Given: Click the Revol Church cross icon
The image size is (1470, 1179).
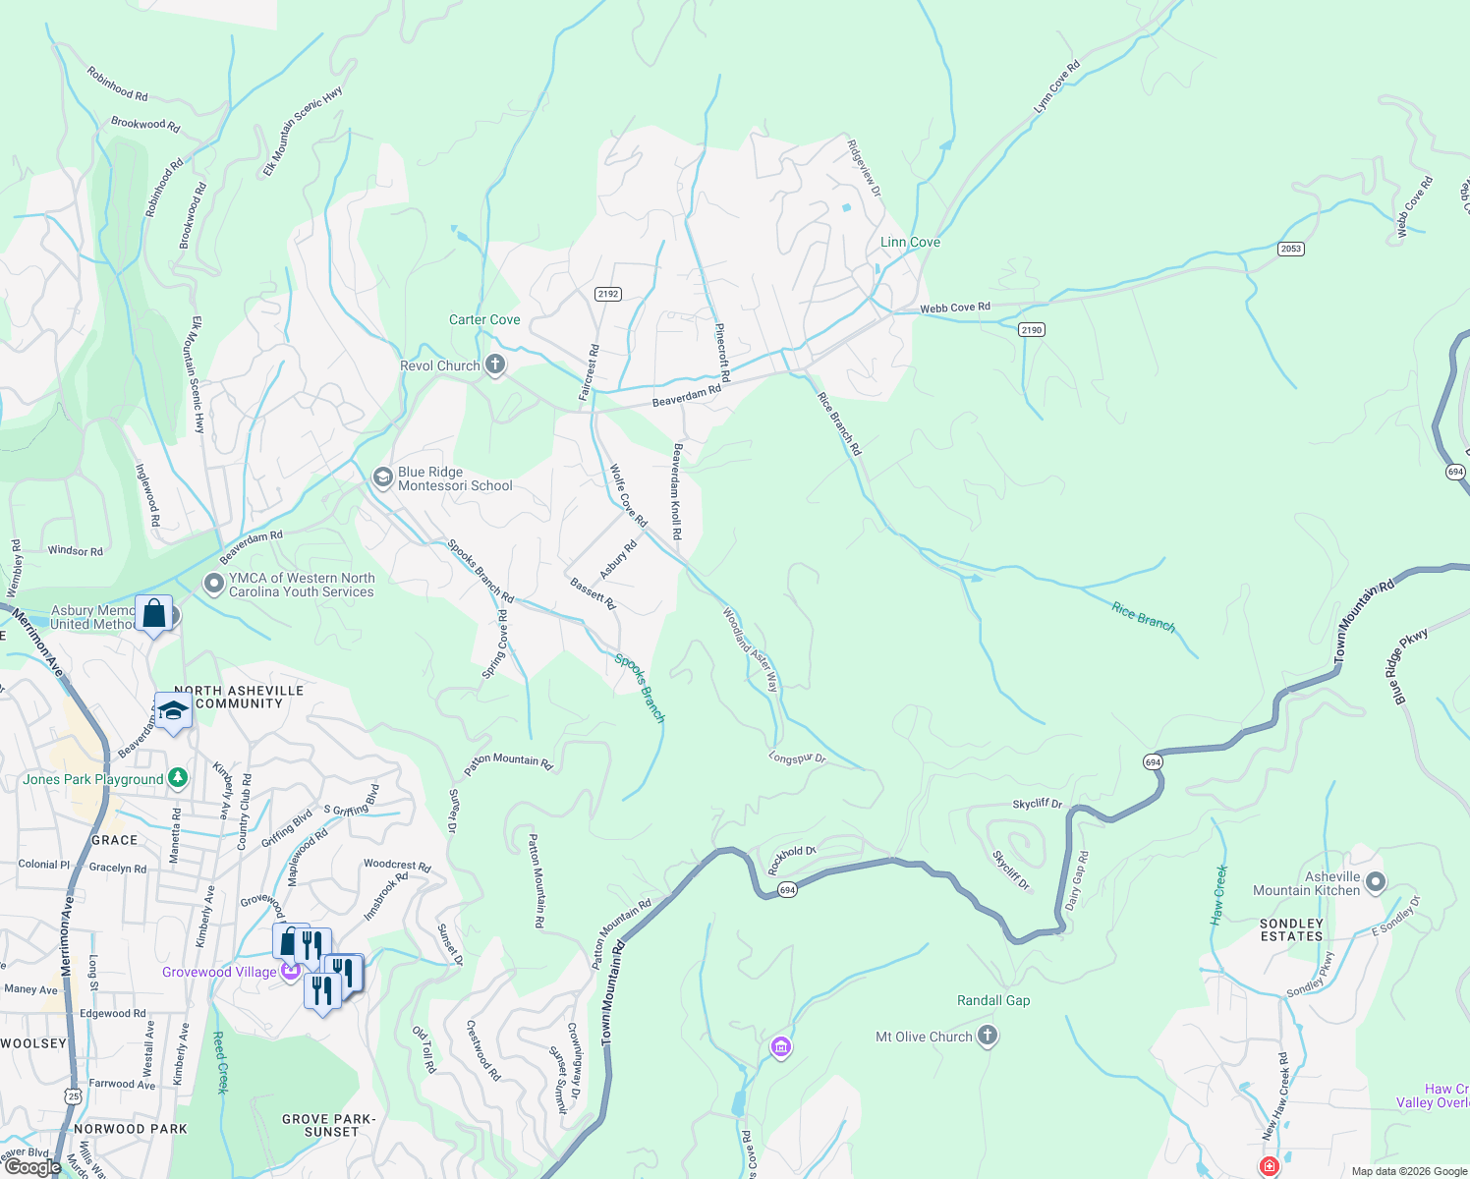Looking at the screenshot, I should pyautogui.click(x=495, y=365).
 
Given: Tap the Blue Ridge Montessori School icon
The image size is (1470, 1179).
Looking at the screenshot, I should pyautogui.click(x=382, y=478).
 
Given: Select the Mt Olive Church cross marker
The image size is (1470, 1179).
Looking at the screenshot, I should pyautogui.click(x=988, y=1037).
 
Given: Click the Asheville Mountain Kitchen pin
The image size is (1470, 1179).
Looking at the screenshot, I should pyautogui.click(x=1376, y=882).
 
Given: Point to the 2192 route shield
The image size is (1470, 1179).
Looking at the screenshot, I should pyautogui.click(x=608, y=294).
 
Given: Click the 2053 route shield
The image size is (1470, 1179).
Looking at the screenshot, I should pyautogui.click(x=1291, y=249).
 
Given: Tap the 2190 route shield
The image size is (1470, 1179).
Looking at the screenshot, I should pyautogui.click(x=1031, y=330).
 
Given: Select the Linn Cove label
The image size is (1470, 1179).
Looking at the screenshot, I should pyautogui.click(x=910, y=242).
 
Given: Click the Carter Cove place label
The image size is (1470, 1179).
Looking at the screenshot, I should pyautogui.click(x=484, y=319).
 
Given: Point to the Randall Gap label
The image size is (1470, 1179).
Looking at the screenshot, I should pyautogui.click(x=993, y=1000).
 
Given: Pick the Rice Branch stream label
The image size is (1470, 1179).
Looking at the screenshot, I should pyautogui.click(x=1143, y=617).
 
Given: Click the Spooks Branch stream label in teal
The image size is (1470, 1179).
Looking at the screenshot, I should pyautogui.click(x=640, y=688).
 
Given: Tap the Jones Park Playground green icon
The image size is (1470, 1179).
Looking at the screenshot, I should pyautogui.click(x=177, y=778).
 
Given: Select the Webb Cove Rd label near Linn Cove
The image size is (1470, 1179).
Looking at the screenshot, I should pyautogui.click(x=954, y=308).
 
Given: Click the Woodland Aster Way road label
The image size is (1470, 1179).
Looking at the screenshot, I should pyautogui.click(x=751, y=650).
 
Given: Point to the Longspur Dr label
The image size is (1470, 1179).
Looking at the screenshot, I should pyautogui.click(x=797, y=758).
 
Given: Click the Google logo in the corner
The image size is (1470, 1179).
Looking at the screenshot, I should pyautogui.click(x=32, y=1167).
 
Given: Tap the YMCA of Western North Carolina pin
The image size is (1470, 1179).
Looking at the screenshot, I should pyautogui.click(x=213, y=585).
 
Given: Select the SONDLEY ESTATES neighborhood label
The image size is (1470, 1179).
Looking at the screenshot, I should pyautogui.click(x=1291, y=929).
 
